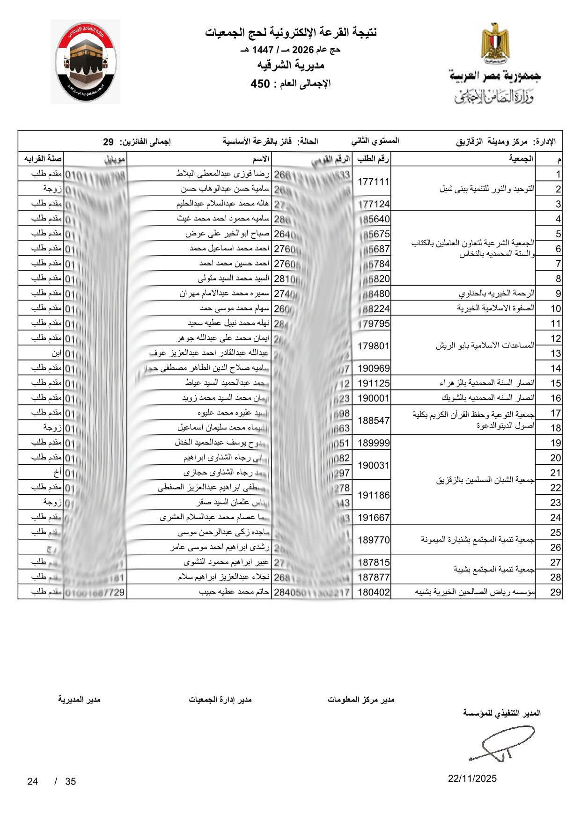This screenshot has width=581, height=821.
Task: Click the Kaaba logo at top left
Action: (85, 61)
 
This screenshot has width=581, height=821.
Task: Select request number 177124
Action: (373, 204)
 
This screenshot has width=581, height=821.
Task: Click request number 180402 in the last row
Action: (373, 592)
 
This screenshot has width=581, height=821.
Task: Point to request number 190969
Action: (373, 368)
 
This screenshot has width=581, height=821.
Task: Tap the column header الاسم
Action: (261, 159)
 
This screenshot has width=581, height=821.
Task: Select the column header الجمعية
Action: (521, 159)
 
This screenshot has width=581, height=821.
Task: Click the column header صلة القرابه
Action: (41, 159)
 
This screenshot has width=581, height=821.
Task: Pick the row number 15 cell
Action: (555, 383)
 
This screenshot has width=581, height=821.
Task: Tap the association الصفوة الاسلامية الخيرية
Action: (496, 308)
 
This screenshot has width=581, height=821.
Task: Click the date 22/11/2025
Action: (472, 779)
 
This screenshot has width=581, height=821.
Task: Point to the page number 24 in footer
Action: (32, 781)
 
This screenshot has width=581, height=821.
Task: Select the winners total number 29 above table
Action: (109, 141)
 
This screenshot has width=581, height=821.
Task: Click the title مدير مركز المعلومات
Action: (361, 700)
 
